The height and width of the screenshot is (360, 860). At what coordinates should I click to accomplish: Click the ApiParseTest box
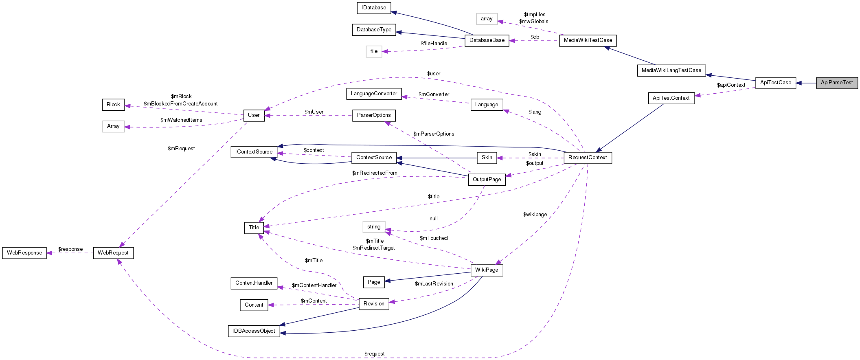pyautogui.click(x=836, y=83)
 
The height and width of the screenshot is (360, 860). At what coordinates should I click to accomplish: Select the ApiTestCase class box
pyautogui.click(x=775, y=83)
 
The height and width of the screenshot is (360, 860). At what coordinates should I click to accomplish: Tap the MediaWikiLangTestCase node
pyautogui.click(x=671, y=70)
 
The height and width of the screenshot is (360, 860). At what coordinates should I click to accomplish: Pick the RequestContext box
pyautogui.click(x=587, y=158)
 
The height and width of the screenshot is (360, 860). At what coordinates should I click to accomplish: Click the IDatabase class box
pyautogui.click(x=374, y=8)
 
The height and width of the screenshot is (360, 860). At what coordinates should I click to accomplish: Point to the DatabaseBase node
pyautogui.click(x=487, y=40)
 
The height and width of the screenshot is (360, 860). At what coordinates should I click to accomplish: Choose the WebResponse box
pyautogui.click(x=24, y=253)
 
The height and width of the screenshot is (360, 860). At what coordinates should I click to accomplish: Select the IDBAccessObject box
pyautogui.click(x=254, y=331)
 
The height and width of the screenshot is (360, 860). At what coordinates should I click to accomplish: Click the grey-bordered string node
pyautogui.click(x=374, y=227)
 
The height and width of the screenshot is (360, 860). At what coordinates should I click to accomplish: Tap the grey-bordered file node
pyautogui.click(x=374, y=51)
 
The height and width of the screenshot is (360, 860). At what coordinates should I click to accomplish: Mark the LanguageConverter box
pyautogui.click(x=374, y=94)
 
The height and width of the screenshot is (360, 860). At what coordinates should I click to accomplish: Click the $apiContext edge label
pyautogui.click(x=731, y=85)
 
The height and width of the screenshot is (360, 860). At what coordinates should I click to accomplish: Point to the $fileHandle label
pyautogui.click(x=434, y=44)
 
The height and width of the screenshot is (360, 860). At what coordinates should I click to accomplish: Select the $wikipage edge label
pyautogui.click(x=535, y=215)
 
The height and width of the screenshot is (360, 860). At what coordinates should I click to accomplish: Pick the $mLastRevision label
pyautogui.click(x=434, y=284)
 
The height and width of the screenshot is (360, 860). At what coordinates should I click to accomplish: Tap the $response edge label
pyautogui.click(x=70, y=249)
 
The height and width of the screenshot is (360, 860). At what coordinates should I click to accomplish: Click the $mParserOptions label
pyautogui.click(x=433, y=134)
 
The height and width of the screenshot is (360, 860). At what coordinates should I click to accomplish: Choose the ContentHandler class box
pyautogui.click(x=254, y=283)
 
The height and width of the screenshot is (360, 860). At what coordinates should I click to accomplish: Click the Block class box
pyautogui.click(x=113, y=105)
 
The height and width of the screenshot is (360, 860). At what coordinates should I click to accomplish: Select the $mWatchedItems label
pyautogui.click(x=181, y=120)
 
